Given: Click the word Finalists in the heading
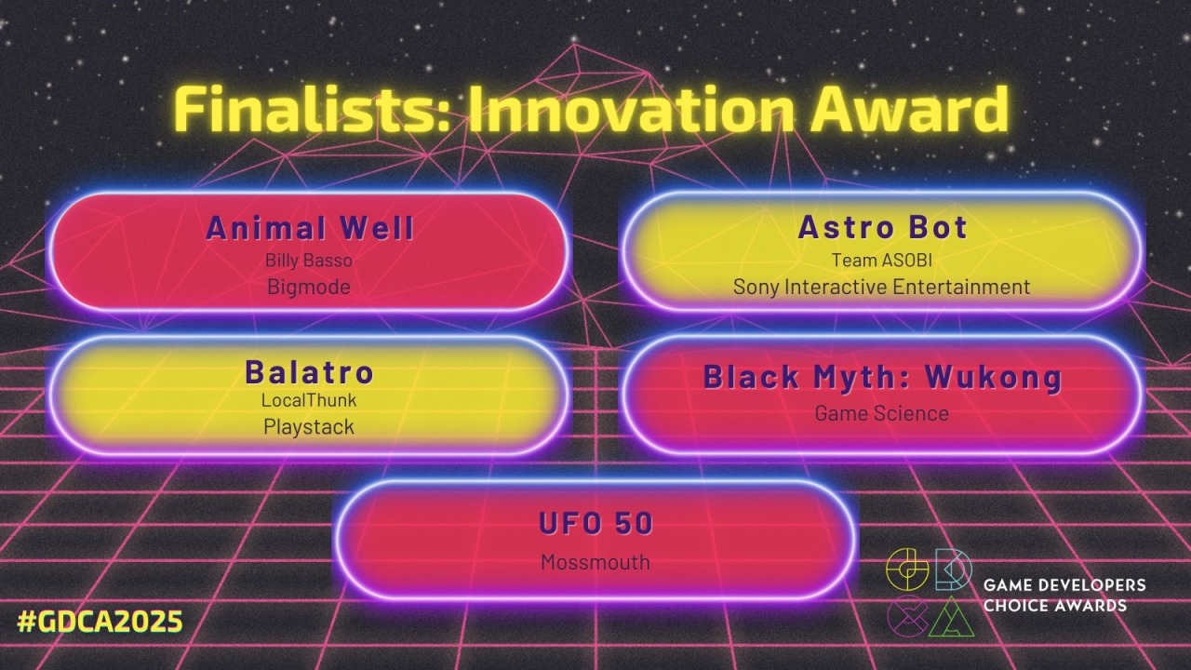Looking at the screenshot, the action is [x=310, y=110].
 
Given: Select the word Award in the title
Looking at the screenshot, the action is [x=909, y=110].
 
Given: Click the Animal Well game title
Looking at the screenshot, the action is [x=310, y=228].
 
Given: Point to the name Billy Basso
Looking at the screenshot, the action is [x=309, y=261].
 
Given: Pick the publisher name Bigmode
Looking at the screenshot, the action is [x=309, y=288].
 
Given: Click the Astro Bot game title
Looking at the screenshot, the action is [x=883, y=227].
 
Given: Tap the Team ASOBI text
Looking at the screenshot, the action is [x=882, y=261].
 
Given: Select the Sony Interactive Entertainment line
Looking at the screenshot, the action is [x=882, y=288].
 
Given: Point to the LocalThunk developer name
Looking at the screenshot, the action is [x=309, y=400].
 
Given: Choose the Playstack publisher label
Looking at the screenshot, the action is [x=309, y=426].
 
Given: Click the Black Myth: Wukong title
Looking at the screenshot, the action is [x=883, y=377].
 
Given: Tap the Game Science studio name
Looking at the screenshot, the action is [x=882, y=414].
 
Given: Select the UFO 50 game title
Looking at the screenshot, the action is [x=595, y=523].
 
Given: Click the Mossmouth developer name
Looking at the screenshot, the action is [x=595, y=562].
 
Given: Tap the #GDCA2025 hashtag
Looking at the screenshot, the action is [x=100, y=622].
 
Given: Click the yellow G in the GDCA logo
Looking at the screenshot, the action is [x=907, y=569].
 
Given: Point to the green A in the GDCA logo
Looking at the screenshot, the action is [x=952, y=617].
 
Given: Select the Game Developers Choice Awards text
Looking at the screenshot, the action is [x=1064, y=595].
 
